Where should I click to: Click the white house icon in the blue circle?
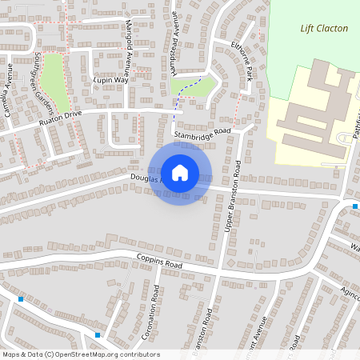pyautogui.click(x=180, y=173)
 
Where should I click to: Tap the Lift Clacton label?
pyautogui.click(x=324, y=28)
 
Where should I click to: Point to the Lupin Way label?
pyautogui.click(x=110, y=81)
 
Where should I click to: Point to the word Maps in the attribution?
pyautogui.click(x=12, y=354)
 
